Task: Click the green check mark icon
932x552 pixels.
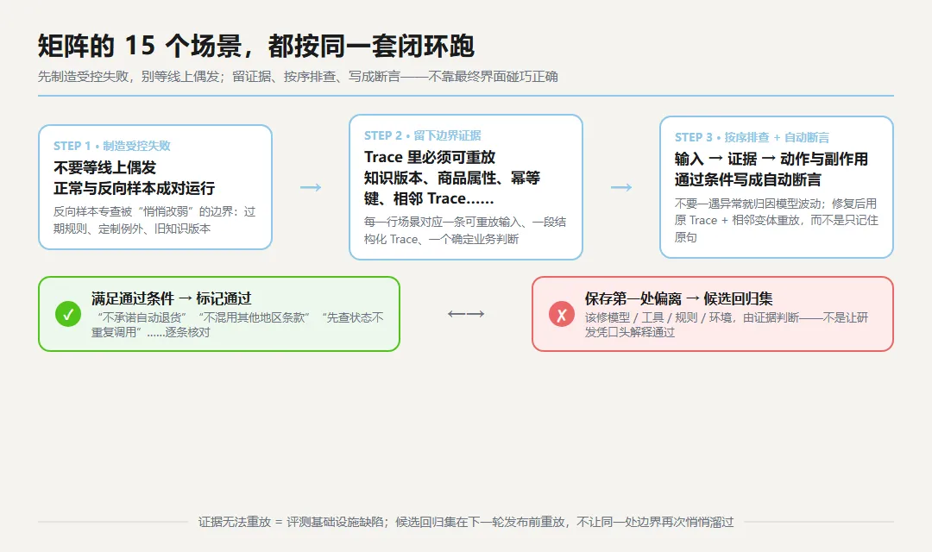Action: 68,314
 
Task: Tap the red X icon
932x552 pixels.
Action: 562,314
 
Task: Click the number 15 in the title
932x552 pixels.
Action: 141,46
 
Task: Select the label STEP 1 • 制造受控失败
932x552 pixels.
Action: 111,146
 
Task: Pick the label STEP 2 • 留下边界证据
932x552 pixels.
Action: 423,135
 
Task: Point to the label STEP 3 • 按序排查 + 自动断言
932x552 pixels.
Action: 752,137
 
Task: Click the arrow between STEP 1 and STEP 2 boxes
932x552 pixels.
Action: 311,188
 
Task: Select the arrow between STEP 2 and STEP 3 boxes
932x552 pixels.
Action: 621,188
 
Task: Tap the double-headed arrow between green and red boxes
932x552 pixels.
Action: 466,314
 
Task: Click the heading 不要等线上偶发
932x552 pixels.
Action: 104,167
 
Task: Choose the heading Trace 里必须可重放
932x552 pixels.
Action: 430,157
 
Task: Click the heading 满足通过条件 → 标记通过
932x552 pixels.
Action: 171,298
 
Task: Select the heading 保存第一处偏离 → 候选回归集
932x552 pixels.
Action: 679,298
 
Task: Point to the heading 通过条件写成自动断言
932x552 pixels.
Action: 747,179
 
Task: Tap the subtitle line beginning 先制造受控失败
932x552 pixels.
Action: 298,77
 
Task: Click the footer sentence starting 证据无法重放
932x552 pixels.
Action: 466,522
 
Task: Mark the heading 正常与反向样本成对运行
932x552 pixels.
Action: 135,188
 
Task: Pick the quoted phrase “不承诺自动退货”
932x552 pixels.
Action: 142,317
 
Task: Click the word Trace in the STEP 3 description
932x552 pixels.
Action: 703,221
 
